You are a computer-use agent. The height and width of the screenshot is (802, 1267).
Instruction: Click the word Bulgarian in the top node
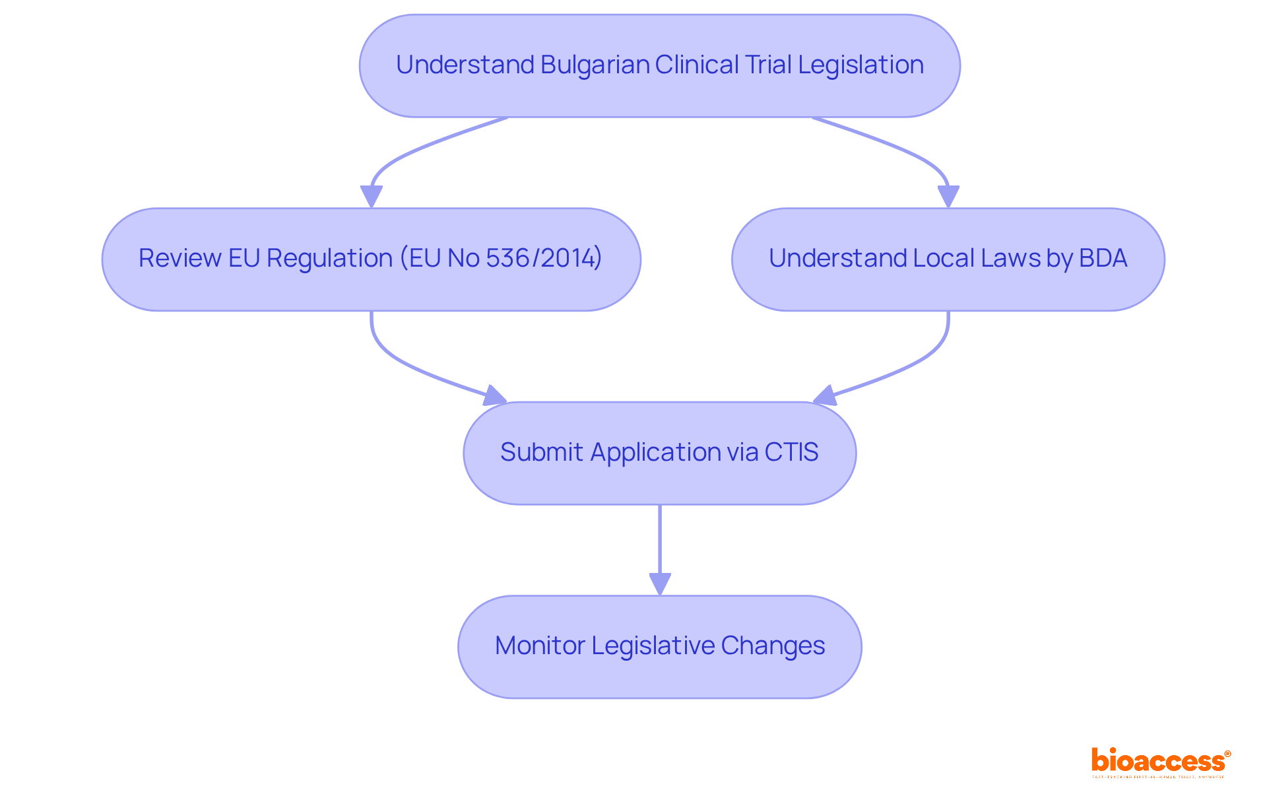[x=595, y=65]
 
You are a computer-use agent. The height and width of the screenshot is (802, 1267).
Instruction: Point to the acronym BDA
[x=1103, y=258]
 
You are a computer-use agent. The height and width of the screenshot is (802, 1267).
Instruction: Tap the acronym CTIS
[x=791, y=452]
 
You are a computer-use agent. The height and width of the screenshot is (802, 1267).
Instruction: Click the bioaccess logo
[x=1160, y=762]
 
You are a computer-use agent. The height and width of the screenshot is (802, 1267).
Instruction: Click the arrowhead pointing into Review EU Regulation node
[x=372, y=196]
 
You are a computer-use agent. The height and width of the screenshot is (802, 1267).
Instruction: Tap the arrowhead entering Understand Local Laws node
[x=948, y=196]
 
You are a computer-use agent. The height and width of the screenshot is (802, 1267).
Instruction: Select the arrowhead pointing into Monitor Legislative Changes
[x=660, y=584]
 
